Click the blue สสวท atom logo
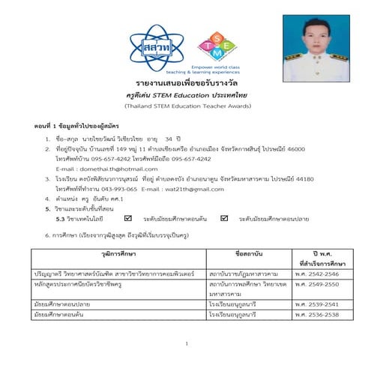pyautogui.click(x=156, y=48)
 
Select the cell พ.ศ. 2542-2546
pyautogui.click(x=316, y=277)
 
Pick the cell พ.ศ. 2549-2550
pyautogui.click(x=316, y=286)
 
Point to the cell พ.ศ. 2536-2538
pyautogui.click(x=316, y=316)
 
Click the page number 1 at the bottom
pyautogui.click(x=185, y=345)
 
